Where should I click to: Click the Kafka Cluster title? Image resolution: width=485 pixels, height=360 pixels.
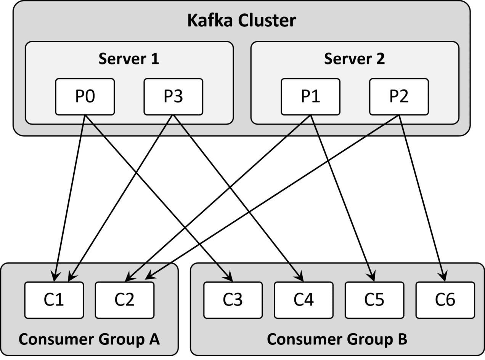[x=241, y=21]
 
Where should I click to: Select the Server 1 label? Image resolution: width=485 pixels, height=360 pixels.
[x=128, y=59]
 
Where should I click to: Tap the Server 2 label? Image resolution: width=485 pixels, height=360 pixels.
[x=354, y=59]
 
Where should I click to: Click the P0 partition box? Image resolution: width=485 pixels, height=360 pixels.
[x=85, y=97]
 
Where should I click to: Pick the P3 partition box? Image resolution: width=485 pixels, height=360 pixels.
[x=173, y=97]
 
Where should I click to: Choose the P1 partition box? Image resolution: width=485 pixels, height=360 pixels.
[x=310, y=97]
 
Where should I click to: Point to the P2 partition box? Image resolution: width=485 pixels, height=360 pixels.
[x=399, y=97]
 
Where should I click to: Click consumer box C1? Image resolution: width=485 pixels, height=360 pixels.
[x=54, y=300]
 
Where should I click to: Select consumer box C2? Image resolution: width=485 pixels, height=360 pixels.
[x=125, y=300]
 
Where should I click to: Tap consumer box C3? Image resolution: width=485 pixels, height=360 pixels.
[x=233, y=300]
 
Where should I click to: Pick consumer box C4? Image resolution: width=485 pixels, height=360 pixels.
[x=304, y=300]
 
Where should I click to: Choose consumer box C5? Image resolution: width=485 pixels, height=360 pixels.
[x=374, y=300]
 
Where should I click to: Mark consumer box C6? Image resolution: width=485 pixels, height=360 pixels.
[x=445, y=300]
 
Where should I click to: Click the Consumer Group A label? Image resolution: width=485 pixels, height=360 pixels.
[x=89, y=339]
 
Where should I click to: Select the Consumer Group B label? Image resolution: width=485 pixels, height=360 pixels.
[x=337, y=339]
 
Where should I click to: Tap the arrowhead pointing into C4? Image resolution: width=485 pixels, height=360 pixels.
[x=300, y=277]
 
